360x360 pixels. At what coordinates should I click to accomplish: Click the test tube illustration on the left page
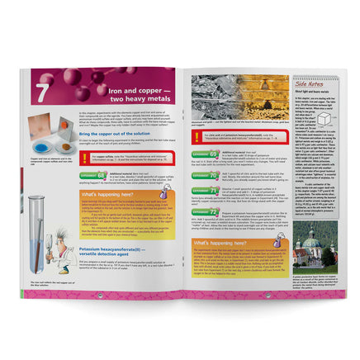[36, 235]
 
